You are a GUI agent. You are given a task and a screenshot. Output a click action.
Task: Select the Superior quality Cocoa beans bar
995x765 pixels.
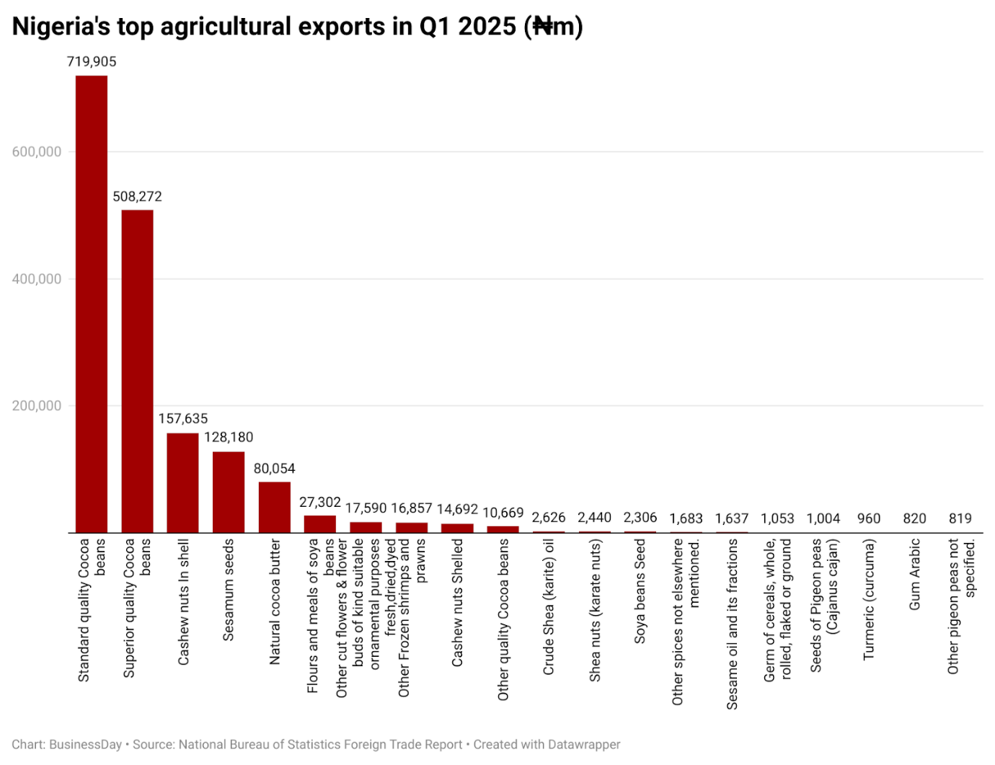(137, 371)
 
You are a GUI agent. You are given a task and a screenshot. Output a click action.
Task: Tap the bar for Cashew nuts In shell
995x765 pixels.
(182, 483)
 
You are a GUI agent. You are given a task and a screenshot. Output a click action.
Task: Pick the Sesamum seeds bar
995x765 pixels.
(229, 492)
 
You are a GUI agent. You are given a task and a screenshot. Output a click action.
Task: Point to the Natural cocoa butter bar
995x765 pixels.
(274, 508)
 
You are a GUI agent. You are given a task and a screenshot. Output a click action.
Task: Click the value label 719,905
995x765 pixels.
(92, 62)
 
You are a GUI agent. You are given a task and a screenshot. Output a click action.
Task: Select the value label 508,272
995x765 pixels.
(137, 197)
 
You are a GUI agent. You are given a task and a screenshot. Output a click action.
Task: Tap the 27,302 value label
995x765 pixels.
(319, 503)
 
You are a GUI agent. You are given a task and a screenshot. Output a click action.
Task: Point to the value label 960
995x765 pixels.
(869, 518)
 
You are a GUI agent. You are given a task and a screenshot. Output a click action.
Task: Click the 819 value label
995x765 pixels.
(960, 518)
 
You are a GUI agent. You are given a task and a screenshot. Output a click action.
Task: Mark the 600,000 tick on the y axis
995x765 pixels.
(37, 152)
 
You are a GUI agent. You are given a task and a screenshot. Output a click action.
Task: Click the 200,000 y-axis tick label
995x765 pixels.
(37, 406)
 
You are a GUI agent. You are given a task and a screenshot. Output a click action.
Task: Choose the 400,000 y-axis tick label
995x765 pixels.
(37, 279)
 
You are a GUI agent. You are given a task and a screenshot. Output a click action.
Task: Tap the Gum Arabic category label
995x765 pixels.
(915, 575)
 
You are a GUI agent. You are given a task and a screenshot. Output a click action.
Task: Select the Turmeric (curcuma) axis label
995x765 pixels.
(869, 599)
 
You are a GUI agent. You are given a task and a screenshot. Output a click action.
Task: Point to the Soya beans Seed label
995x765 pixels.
(640, 591)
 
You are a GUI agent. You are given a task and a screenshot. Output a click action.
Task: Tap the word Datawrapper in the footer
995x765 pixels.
(583, 745)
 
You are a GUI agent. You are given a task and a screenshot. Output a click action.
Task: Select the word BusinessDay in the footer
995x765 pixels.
(85, 745)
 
